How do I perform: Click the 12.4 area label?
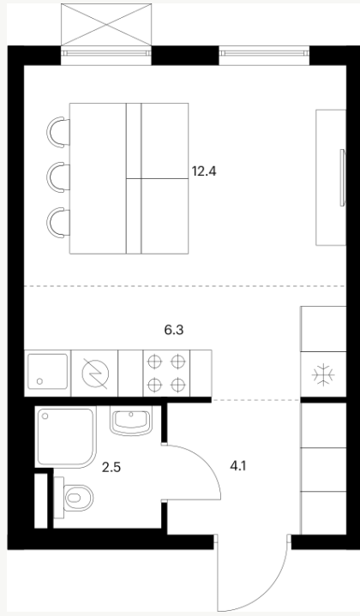click(204, 171)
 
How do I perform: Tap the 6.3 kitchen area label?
click(174, 330)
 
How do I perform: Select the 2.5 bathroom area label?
click(111, 468)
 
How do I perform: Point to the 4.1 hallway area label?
click(238, 466)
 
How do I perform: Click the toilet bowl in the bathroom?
click(78, 498)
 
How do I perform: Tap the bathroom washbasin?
click(130, 421)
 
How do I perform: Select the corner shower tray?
click(66, 437)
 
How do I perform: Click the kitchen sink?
click(47, 373)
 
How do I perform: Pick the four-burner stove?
click(166, 373)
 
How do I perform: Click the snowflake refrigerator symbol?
click(323, 374)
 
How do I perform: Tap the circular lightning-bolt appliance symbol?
click(95, 373)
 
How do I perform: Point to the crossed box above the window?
click(106, 24)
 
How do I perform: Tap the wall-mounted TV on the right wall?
click(343, 177)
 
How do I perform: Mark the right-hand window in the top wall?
click(264, 54)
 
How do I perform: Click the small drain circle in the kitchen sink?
click(39, 381)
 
